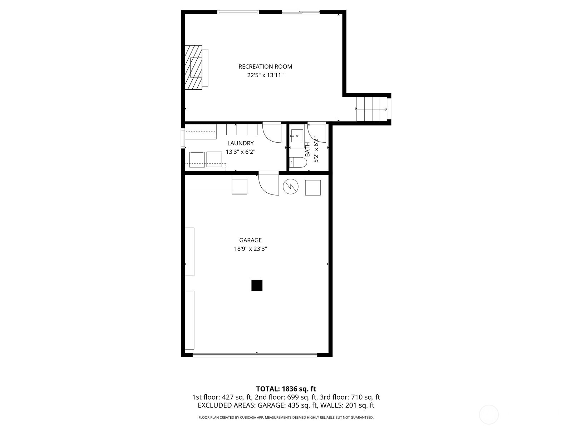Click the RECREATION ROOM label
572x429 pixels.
(265, 66)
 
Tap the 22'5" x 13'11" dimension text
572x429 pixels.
(265, 75)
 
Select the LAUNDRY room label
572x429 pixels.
(240, 143)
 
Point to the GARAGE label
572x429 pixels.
(250, 240)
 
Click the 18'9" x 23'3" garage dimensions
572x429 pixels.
(250, 249)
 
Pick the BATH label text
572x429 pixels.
(307, 149)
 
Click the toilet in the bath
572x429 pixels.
(298, 163)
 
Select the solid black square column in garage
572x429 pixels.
(257, 285)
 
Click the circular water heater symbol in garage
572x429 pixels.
(290, 186)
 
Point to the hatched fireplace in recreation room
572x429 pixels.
(193, 68)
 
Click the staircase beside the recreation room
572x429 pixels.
(372, 109)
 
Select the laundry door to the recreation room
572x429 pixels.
(272, 132)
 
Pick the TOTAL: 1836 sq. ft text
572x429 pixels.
(286, 389)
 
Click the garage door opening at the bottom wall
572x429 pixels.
(255, 355)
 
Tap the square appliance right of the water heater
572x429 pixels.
(312, 188)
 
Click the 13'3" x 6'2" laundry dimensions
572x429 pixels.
(240, 152)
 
